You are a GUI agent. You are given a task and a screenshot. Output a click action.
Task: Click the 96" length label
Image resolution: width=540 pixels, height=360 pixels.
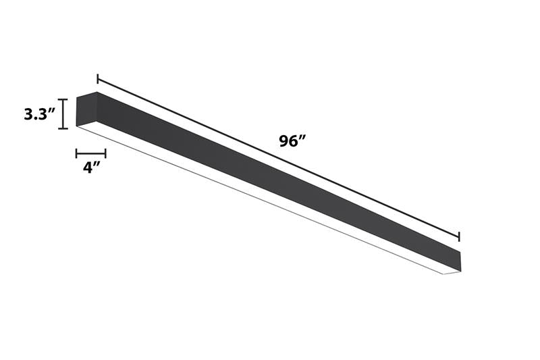pos(292,142)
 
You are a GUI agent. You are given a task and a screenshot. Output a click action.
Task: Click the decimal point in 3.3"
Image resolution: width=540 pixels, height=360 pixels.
pos(35,119)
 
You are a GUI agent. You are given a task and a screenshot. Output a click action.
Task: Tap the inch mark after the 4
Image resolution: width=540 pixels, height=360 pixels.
pos(97,163)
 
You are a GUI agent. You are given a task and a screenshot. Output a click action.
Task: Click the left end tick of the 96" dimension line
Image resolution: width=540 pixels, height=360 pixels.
pos(98,79)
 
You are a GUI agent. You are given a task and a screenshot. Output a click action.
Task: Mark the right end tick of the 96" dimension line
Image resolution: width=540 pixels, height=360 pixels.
pos(459,236)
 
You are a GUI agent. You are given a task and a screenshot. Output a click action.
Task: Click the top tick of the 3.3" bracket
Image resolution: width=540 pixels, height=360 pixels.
pos(63,100)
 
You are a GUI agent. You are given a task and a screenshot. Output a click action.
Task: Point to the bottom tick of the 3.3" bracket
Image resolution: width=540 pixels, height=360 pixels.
pos(63,128)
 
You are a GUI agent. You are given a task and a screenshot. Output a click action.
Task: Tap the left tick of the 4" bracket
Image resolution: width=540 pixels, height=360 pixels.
pos(76,153)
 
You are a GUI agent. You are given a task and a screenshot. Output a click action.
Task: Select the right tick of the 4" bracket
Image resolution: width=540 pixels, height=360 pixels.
pos(105,153)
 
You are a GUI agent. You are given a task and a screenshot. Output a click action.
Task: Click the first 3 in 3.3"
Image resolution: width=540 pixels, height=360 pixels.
pos(28,114)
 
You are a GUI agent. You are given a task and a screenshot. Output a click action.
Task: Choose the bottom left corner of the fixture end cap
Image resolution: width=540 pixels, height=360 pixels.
pos(77,126)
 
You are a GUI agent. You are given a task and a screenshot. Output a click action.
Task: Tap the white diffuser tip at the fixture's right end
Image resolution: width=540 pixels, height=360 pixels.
pos(452,273)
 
